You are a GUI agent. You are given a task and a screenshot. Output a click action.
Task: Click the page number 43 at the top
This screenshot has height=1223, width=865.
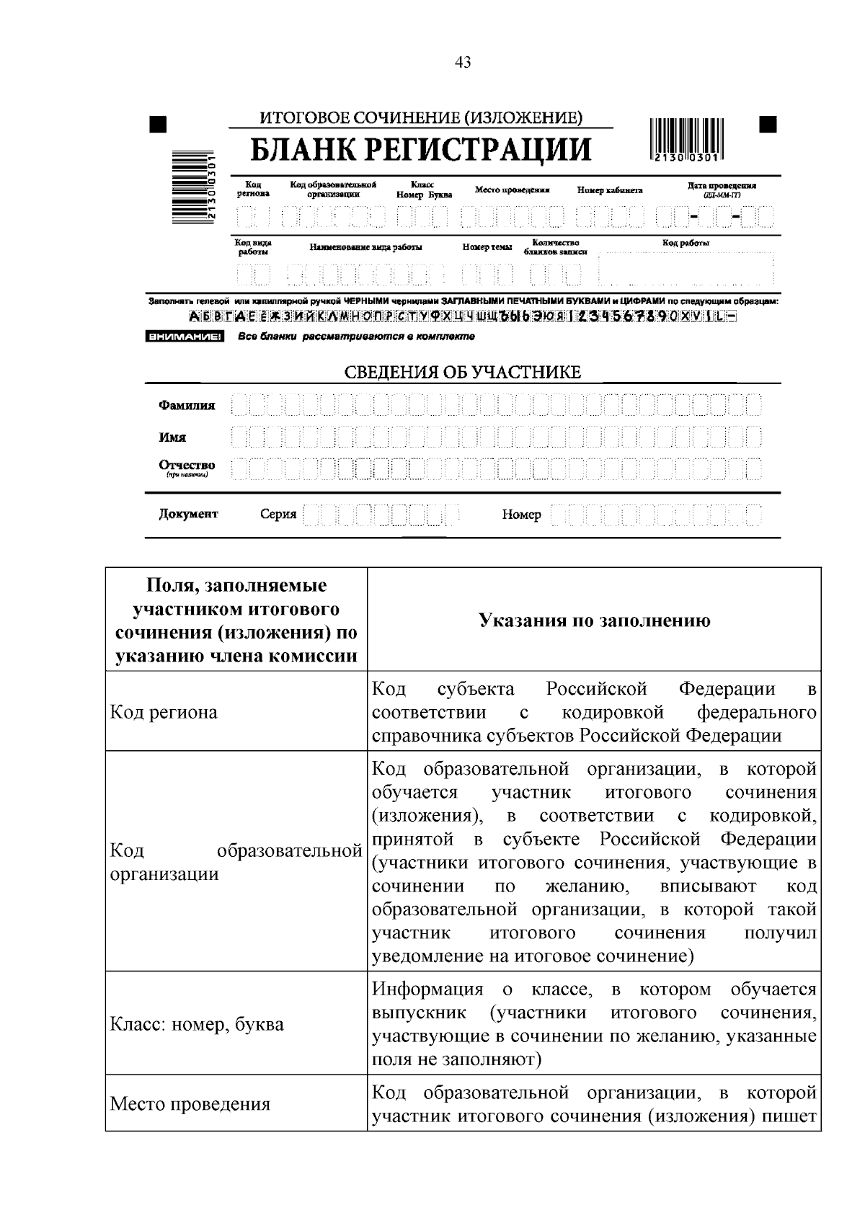coord(463,63)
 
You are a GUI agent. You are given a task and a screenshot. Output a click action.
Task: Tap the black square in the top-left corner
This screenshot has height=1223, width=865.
coord(158,125)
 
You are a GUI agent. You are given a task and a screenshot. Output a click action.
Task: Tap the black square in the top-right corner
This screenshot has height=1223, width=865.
coord(768,124)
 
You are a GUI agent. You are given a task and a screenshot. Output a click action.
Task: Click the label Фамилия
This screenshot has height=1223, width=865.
coord(187,406)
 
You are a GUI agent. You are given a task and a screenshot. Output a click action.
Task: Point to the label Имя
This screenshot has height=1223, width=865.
coord(173,437)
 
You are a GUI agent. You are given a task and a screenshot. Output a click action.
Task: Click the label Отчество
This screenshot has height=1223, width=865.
coord(187,466)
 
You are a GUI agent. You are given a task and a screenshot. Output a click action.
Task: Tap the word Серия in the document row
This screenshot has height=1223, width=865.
coord(278,515)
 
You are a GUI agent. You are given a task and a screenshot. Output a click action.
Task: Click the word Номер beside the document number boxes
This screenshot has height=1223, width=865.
coord(521,515)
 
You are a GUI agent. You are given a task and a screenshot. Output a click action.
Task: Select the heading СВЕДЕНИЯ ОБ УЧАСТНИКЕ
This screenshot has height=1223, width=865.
coord(462,373)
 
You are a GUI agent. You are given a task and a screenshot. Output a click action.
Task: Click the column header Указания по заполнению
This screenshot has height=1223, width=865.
coord(594,621)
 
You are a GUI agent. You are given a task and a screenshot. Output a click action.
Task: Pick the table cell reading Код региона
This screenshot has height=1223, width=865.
coord(164,712)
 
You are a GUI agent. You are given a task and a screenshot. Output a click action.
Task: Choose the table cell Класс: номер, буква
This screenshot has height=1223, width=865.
coord(197,1024)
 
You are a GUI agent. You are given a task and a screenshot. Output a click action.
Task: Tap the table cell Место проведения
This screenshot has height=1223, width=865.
coord(190,1104)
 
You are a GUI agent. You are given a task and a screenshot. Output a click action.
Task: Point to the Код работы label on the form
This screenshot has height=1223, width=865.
coord(686,244)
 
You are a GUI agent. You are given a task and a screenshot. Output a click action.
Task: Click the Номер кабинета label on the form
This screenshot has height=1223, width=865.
coord(609,190)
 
